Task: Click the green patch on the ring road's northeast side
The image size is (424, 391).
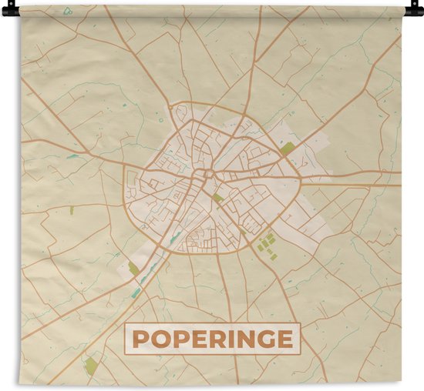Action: (287, 148)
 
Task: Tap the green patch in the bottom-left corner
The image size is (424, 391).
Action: (91, 365)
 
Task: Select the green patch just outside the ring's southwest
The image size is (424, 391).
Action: (133, 268)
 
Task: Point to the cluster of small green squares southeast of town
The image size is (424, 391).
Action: (266, 244)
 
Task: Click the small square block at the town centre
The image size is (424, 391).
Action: (207, 174)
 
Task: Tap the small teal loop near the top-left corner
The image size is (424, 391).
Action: (68, 11)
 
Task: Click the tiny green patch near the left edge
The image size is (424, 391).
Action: (72, 209)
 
